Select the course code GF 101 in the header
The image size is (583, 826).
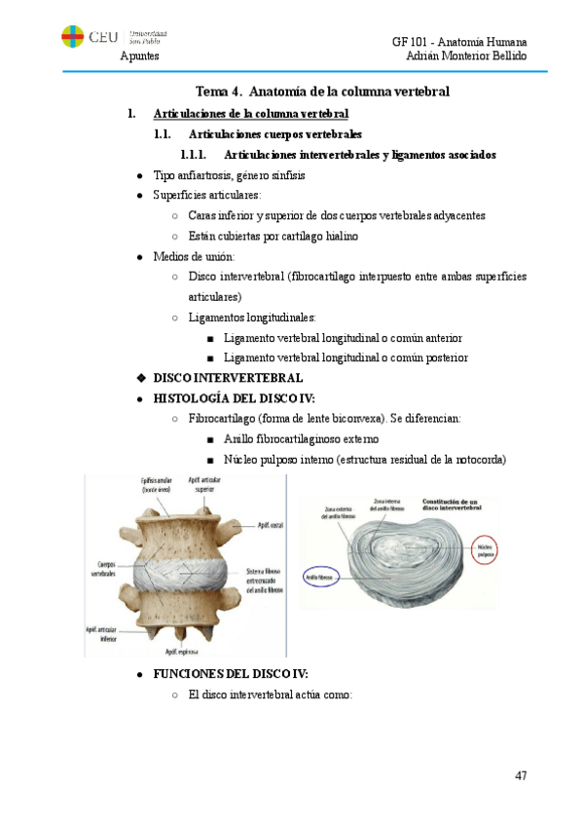[x=411, y=42]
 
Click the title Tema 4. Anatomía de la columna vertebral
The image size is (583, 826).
[x=322, y=92]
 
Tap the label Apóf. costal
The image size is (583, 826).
[x=270, y=525]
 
